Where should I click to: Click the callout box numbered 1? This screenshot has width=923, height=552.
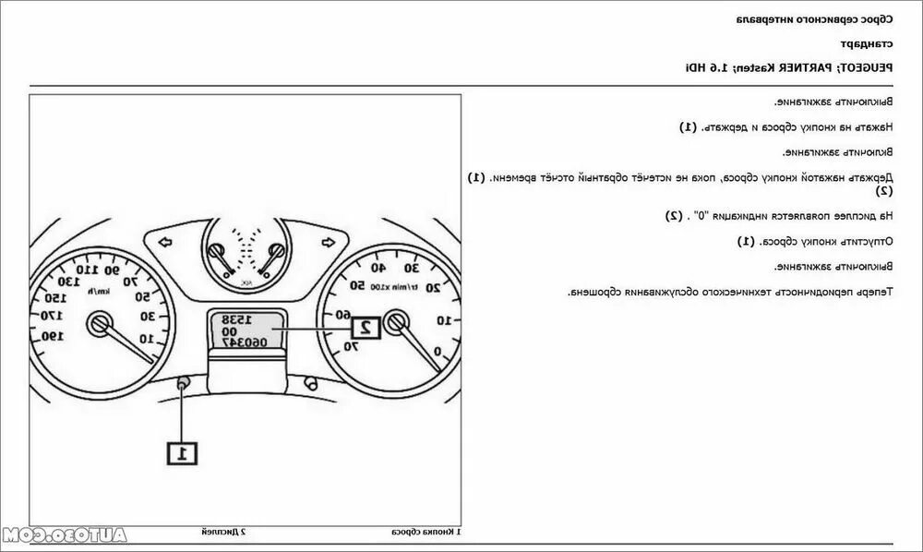pos(182,452)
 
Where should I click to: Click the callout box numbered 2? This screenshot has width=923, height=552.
pos(365,325)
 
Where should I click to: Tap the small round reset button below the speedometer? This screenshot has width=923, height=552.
pos(183,382)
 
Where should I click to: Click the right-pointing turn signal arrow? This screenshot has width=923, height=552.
pos(326,242)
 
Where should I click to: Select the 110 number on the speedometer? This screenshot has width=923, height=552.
pos(89,270)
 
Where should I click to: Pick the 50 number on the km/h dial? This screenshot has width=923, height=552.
pos(144,296)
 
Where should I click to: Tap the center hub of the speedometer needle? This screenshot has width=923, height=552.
pos(98,322)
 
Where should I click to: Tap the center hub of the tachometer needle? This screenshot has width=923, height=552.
pos(397,322)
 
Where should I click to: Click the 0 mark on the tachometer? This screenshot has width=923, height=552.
pos(437,351)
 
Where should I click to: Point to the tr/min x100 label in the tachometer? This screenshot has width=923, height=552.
pos(412,288)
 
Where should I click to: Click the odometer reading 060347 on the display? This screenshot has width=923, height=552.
pos(246,342)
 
